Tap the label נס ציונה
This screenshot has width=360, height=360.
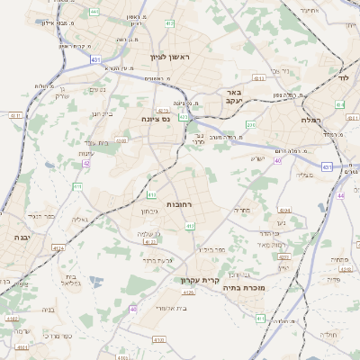click(x=156, y=118)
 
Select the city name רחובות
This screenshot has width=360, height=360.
click(x=181, y=205)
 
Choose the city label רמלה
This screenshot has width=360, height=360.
click(x=295, y=118)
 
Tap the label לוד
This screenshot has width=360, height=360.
click(x=342, y=79)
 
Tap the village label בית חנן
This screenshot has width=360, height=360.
click(x=101, y=113)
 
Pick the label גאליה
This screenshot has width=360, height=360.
click(x=79, y=219)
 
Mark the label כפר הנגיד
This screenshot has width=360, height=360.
click(x=41, y=217)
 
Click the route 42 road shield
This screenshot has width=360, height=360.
click(x=86, y=163)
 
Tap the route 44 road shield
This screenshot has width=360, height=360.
click(x=340, y=195)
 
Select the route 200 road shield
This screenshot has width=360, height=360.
click(x=251, y=125)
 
